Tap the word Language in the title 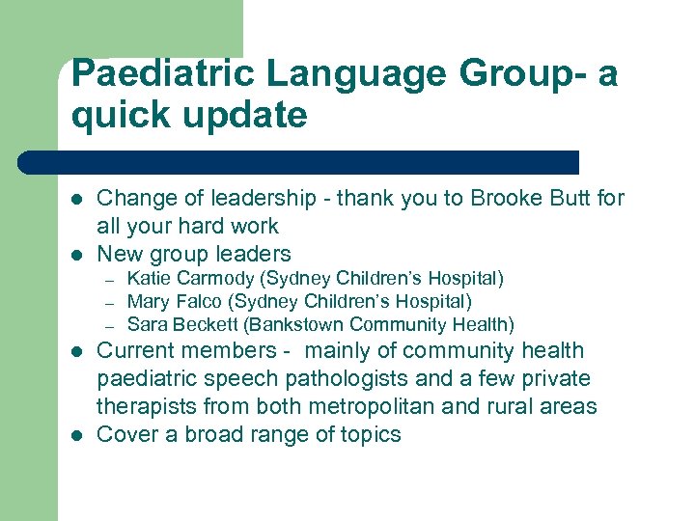click(x=335, y=73)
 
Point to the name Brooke click(x=506, y=199)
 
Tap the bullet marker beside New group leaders click(x=76, y=255)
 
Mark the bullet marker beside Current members click(x=76, y=351)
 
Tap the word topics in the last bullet click(x=367, y=435)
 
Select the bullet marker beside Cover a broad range click(x=76, y=435)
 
